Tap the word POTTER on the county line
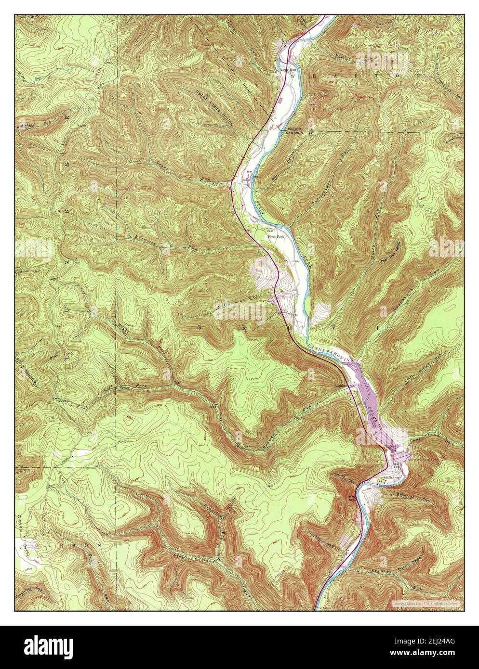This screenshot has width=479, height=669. pyautogui.click(x=294, y=129)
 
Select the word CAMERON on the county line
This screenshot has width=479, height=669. pyautogui.click(x=295, y=133)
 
